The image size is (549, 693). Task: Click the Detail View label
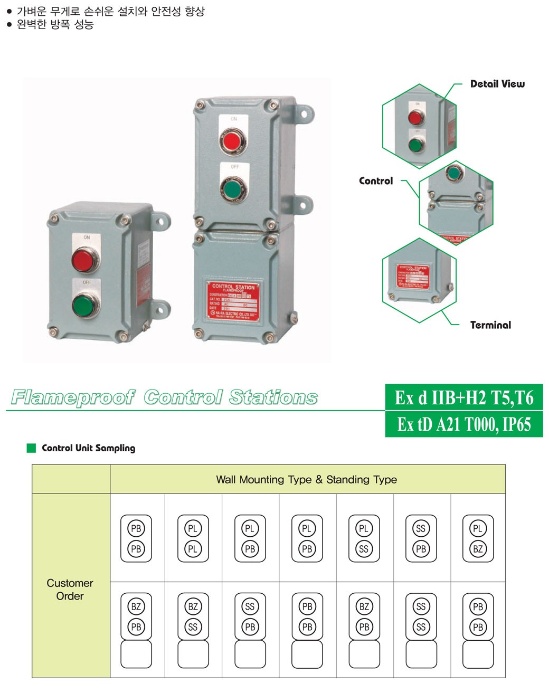pos(497,84)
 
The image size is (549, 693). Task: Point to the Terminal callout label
pos(490,325)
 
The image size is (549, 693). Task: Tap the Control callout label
pos(376,181)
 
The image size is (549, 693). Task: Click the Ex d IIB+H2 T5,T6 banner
pos(464,397)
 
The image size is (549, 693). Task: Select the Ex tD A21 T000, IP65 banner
pos(464,424)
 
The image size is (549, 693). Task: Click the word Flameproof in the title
pos(73,397)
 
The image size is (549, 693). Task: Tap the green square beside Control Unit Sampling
pos(31,448)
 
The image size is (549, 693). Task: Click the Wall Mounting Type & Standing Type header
pos(307,480)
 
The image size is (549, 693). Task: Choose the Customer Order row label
pos(70,590)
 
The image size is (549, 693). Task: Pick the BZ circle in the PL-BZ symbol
pos(478,549)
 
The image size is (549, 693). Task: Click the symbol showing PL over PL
pos(193,538)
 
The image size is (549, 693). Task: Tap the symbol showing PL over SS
pos(364,538)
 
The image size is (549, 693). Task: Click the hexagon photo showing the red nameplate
pos(419,280)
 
